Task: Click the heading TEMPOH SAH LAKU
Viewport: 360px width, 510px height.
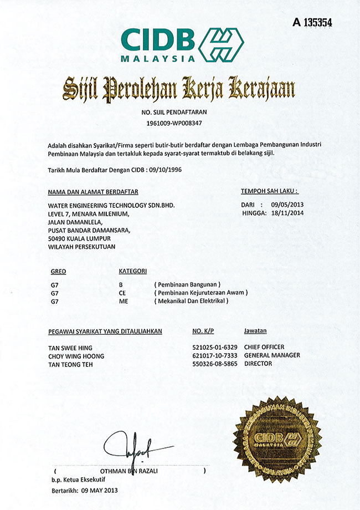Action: [269, 191]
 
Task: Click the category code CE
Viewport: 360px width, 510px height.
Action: [123, 292]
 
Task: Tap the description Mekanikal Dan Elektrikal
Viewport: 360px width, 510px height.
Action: [192, 300]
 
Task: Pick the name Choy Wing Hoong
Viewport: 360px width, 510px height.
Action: [76, 356]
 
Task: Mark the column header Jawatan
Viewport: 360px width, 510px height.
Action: [255, 331]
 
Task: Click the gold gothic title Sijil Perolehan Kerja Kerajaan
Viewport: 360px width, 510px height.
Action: [178, 89]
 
